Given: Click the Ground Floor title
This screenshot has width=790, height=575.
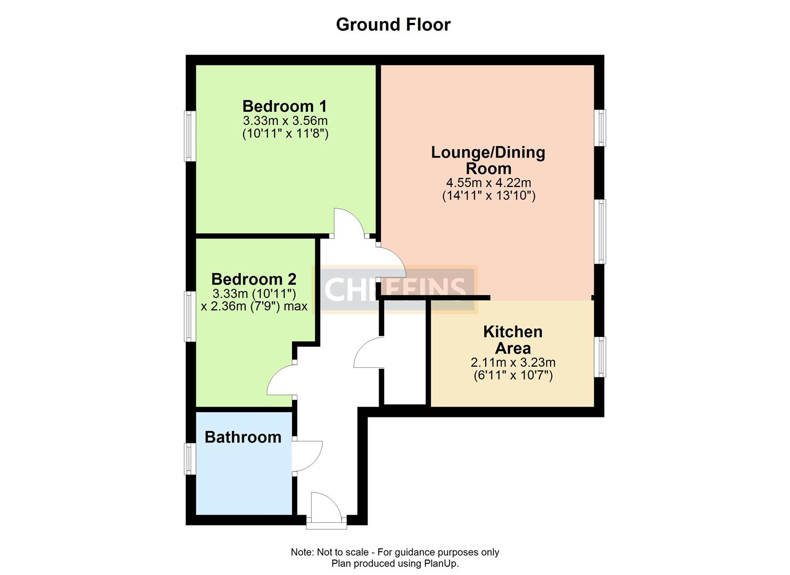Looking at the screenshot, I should click(393, 24).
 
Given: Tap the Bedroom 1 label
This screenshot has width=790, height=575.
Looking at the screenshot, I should click(285, 106).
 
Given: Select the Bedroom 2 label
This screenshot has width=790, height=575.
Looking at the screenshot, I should click(254, 279).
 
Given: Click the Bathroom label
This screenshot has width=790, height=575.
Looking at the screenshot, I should click(243, 437).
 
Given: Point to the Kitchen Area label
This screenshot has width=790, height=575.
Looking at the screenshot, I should click(513, 340).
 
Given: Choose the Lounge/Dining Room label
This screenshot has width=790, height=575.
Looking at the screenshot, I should click(488, 160).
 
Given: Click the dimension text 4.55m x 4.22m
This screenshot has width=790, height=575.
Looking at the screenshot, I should click(488, 183).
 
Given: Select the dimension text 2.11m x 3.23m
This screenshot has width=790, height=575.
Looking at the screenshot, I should click(513, 363).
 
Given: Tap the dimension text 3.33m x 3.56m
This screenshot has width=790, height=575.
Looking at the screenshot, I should click(285, 120).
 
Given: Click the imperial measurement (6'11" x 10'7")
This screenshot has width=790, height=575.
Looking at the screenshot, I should click(513, 375).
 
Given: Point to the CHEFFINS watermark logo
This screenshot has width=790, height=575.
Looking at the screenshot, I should click(395, 289).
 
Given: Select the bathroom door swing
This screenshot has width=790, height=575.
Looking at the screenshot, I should click(307, 456).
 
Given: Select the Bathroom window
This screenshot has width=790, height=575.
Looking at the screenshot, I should click(190, 458).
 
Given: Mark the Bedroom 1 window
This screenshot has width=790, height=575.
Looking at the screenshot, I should click(190, 135).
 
